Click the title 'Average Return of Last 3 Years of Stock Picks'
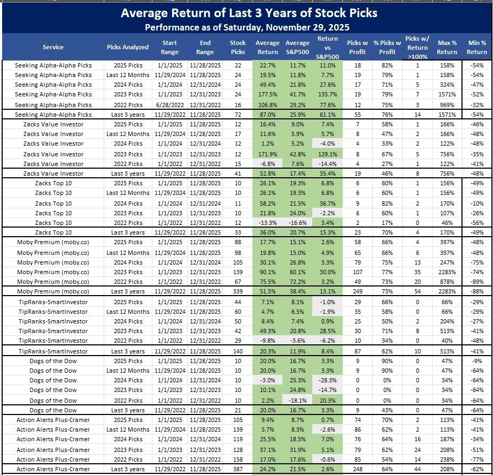pos(249,13)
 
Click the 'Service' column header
pos(53,47)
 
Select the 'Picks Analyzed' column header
pos(127,47)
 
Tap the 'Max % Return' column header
pos(446,47)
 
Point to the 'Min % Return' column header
pos(476,47)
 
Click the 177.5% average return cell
pos(267,95)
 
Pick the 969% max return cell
pos(446,105)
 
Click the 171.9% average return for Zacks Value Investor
pos(267,154)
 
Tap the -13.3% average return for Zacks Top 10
pos(267,223)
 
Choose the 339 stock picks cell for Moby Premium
pos(237,291)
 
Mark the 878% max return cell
pos(446,282)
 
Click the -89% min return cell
pos(476,282)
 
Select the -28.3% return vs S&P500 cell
pos(327,380)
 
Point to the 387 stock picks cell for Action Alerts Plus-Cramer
pos(237,470)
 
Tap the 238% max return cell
pos(446,459)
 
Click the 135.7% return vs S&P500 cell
pos(327,95)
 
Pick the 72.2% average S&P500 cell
pos(297,282)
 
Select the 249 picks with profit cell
pos(353,291)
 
